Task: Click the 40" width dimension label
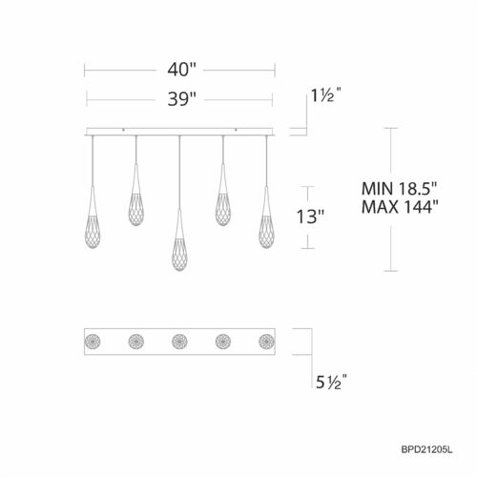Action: coord(179,69)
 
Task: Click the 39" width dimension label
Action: coord(179,96)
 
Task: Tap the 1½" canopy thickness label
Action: coord(326,96)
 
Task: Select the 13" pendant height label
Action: coord(312,218)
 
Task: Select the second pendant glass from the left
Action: coord(136,202)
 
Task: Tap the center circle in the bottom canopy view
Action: coord(178,340)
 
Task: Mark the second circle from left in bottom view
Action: coord(136,340)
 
